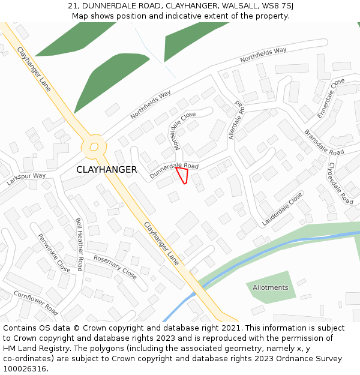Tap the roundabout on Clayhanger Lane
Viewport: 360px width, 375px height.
tap(94, 146)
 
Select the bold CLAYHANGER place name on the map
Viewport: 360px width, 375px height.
tap(106, 170)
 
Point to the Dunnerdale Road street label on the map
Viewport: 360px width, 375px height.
tap(174, 169)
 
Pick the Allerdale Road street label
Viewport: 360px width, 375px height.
tap(236, 120)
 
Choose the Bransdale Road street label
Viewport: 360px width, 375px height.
tap(323, 142)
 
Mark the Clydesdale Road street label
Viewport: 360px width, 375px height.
tap(340, 183)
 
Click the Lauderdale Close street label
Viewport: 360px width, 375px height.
tap(282, 209)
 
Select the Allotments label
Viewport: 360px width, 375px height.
tap(270, 287)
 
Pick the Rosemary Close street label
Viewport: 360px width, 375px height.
tap(115, 267)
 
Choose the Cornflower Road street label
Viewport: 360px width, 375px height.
tap(36, 303)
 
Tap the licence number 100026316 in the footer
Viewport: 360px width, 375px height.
tap(25, 368)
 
